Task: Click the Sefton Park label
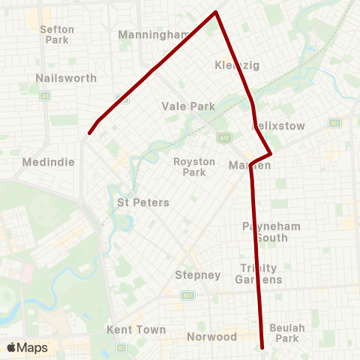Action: (x=57, y=34)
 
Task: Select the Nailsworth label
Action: (x=55, y=77)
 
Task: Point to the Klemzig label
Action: (x=236, y=65)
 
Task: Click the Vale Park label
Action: (x=188, y=106)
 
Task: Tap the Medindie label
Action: (x=38, y=160)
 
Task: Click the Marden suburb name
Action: (x=250, y=165)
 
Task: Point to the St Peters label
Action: (x=143, y=202)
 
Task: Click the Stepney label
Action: (x=197, y=274)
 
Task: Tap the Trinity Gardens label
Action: (x=259, y=274)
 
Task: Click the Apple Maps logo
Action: (x=27, y=347)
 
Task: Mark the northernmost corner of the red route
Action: (x=217, y=12)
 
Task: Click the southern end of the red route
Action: (x=263, y=347)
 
